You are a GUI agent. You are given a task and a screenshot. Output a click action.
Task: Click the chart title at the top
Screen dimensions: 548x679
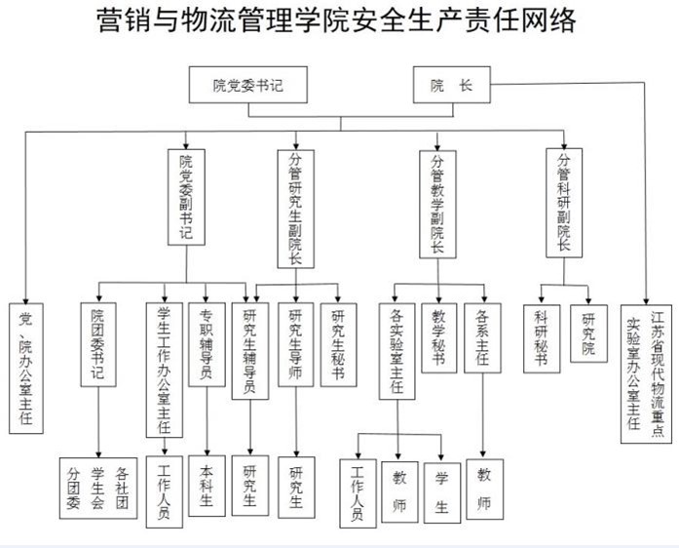[338, 20]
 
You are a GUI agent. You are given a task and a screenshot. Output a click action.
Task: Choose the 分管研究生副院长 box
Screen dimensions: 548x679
[296, 208]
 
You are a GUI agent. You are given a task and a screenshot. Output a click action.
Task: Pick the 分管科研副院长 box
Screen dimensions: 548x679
[564, 202]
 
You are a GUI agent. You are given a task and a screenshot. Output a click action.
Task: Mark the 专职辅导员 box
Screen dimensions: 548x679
[207, 347]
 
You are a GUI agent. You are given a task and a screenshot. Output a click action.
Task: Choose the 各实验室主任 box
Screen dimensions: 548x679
[396, 350]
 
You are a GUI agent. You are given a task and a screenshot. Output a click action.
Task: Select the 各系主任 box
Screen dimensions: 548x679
[483, 338]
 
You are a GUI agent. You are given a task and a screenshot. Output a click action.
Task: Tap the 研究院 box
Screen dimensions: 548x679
[588, 333]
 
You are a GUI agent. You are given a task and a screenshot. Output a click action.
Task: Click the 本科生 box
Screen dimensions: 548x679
[206, 487]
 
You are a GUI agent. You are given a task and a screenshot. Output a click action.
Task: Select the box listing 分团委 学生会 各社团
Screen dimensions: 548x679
[97, 489]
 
